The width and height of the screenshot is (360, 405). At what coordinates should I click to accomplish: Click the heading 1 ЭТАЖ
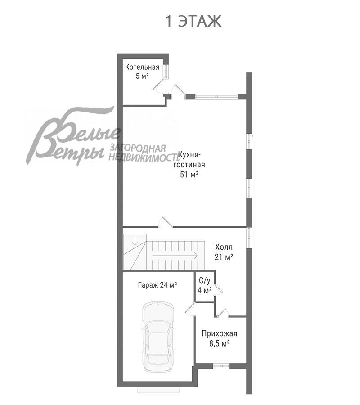pyautogui.click(x=193, y=21)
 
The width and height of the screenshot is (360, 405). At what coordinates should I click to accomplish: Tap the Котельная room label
pyautogui.click(x=142, y=67)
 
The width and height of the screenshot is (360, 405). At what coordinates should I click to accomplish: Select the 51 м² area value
pyautogui.click(x=189, y=175)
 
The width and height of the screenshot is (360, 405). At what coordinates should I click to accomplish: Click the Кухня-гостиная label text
pyautogui.click(x=189, y=160)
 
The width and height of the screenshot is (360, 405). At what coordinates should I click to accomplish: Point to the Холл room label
pyautogui.click(x=224, y=247)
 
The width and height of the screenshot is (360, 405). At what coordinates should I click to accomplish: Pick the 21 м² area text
pyautogui.click(x=224, y=257)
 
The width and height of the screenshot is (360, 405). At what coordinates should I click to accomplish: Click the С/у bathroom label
pyautogui.click(x=205, y=280)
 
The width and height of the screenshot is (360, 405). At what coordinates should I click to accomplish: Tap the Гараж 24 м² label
pyautogui.click(x=157, y=285)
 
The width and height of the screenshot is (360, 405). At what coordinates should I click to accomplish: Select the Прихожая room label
pyautogui.click(x=220, y=333)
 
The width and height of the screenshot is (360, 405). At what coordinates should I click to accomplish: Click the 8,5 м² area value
pyautogui.click(x=220, y=343)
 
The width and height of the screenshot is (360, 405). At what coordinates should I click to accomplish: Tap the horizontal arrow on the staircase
pyautogui.click(x=175, y=256)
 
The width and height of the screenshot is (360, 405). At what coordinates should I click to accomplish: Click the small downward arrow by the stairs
pyautogui.click(x=135, y=241)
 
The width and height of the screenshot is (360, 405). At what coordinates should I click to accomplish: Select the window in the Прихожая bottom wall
pyautogui.click(x=221, y=366)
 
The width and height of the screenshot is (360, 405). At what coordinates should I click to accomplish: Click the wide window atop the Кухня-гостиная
pyautogui.click(x=216, y=97)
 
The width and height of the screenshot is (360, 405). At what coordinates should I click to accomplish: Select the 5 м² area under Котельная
pyautogui.click(x=142, y=76)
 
